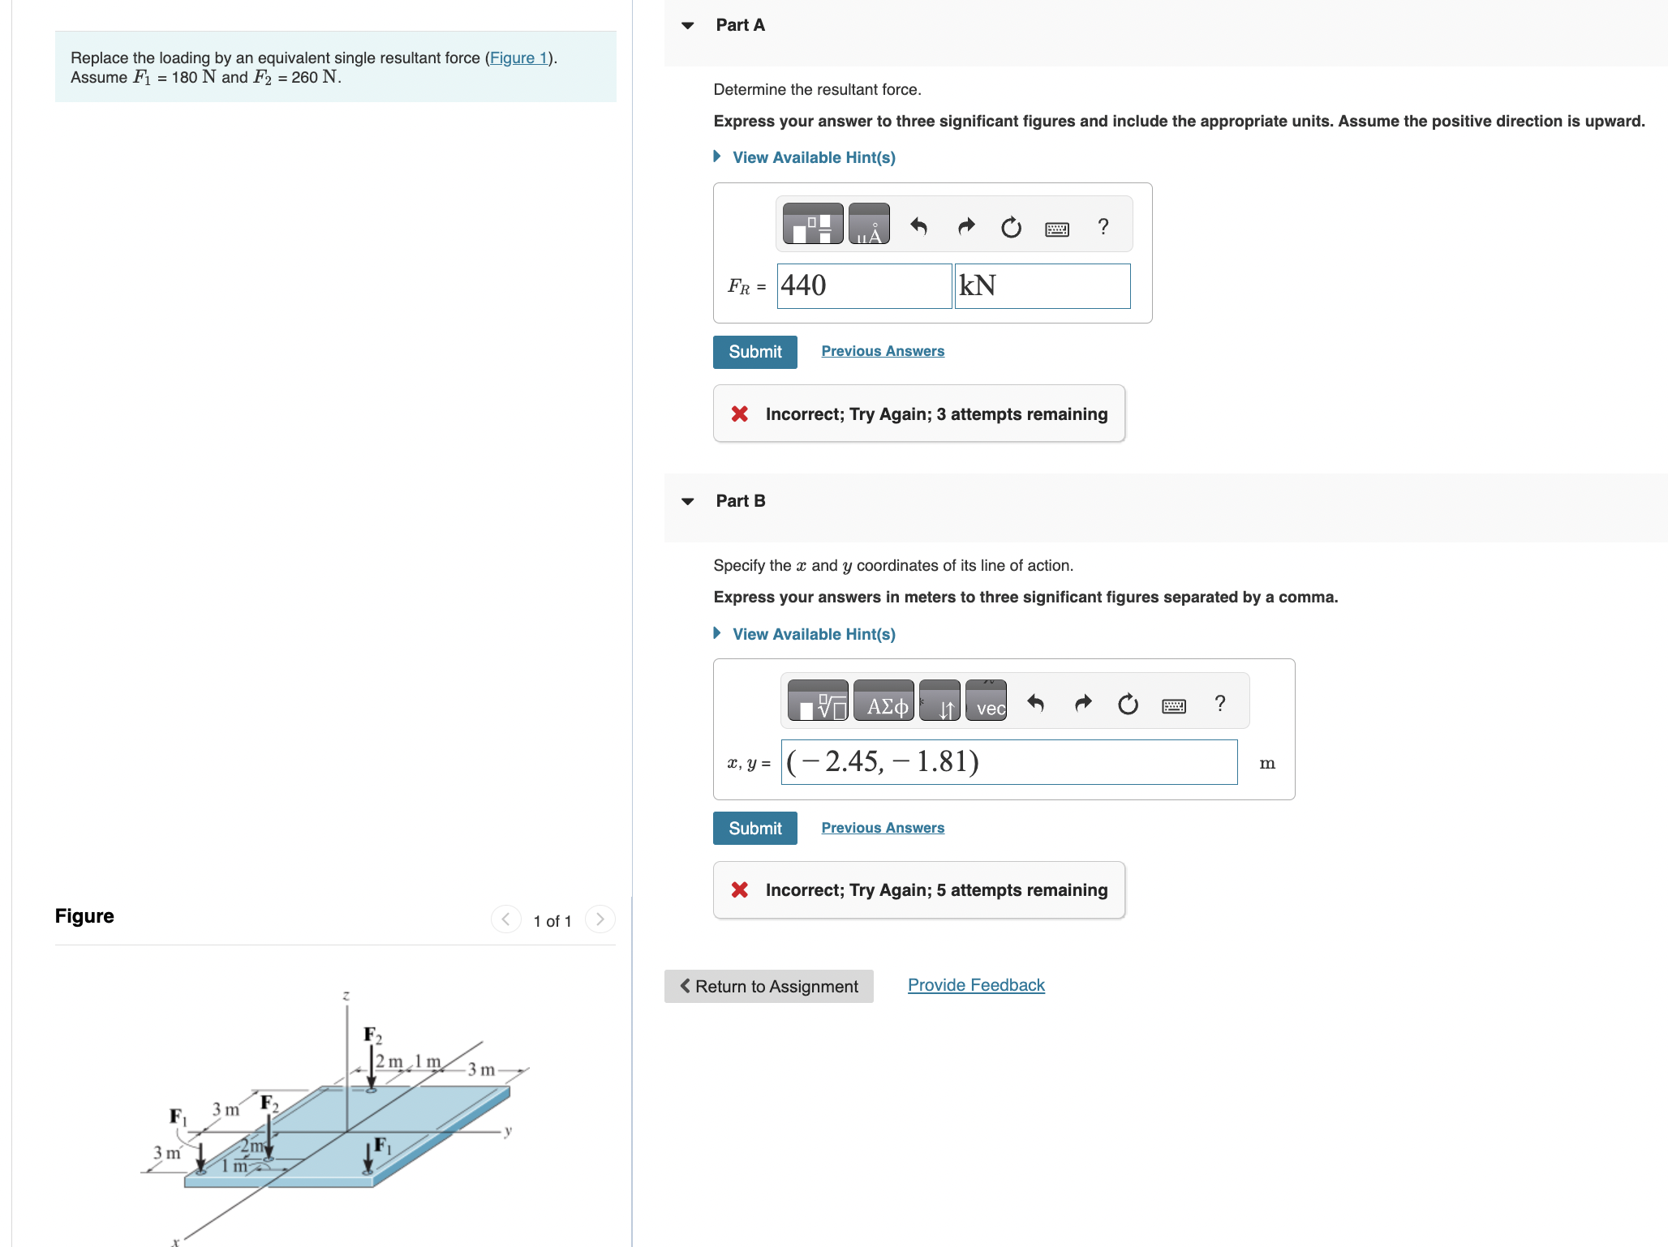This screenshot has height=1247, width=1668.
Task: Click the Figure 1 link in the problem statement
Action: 518,58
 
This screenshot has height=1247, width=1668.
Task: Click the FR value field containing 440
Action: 863,286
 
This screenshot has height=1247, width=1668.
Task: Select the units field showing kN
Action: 1042,286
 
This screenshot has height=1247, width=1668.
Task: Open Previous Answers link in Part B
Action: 882,828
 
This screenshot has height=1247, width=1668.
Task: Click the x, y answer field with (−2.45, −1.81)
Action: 1008,762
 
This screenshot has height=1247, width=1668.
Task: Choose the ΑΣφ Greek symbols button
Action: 885,702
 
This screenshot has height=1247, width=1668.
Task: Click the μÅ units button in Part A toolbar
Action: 869,225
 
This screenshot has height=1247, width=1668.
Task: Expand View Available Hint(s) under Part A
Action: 813,157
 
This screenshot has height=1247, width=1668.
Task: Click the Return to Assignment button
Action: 768,986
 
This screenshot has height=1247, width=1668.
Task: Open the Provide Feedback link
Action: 975,985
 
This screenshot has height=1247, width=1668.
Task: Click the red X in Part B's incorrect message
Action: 739,890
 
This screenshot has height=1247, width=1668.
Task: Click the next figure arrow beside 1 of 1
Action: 600,919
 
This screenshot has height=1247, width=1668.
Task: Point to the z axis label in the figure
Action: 346,996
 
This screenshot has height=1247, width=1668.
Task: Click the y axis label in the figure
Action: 509,1131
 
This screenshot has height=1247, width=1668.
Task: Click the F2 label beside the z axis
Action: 372,1035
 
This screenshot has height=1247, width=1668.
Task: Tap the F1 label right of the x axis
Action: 382,1145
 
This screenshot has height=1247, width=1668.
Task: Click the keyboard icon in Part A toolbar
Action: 1056,229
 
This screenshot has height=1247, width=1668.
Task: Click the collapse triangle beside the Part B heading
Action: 688,501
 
